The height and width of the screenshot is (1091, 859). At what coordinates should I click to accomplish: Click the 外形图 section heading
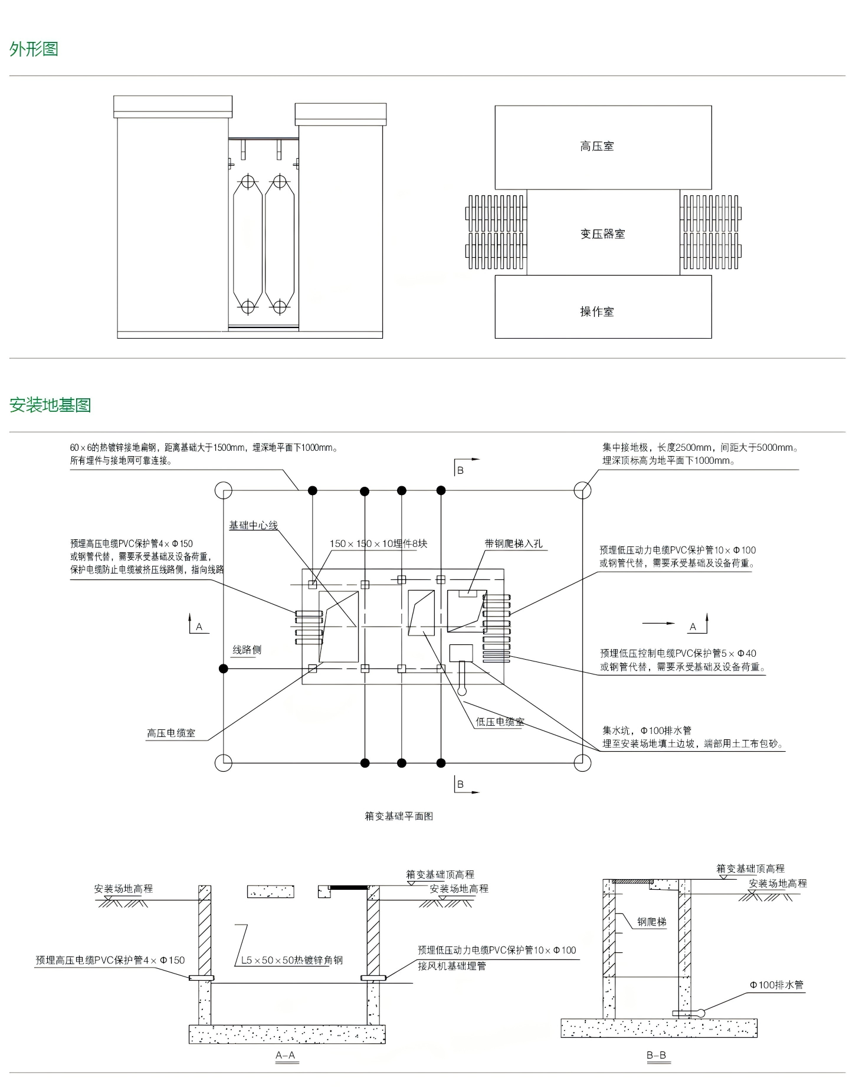(x=34, y=49)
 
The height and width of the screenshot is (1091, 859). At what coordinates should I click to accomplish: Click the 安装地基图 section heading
(x=50, y=405)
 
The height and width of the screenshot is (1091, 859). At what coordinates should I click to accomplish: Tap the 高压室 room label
(x=596, y=146)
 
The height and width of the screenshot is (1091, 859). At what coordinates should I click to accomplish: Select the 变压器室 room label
(x=602, y=234)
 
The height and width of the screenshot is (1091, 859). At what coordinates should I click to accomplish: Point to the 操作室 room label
(x=596, y=312)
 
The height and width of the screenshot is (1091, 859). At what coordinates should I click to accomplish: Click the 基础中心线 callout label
(x=253, y=525)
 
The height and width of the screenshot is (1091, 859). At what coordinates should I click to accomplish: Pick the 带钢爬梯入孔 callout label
(x=513, y=543)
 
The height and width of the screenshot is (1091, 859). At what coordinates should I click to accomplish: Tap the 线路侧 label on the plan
(x=247, y=650)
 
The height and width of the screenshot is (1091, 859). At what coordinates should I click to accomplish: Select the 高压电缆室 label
(x=171, y=733)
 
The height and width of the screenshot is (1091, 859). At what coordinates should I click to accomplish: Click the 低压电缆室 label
(x=500, y=722)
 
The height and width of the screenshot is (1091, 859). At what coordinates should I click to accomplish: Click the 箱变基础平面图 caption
(x=399, y=816)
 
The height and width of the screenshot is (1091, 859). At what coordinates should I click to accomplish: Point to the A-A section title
(x=286, y=1055)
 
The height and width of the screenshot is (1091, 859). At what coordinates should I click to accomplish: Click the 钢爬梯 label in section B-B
(x=651, y=922)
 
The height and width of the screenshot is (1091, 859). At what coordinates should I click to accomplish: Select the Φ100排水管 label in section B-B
(x=776, y=985)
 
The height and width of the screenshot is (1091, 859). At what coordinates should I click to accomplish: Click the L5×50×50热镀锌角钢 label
(x=291, y=960)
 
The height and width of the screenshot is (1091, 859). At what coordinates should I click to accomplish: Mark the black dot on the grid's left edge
(x=223, y=669)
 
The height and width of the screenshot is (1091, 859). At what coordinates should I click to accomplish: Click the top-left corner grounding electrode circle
(x=223, y=490)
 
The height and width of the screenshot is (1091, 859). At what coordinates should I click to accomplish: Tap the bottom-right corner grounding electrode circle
(x=582, y=763)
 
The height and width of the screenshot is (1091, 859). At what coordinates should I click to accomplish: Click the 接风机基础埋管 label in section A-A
(x=452, y=966)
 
